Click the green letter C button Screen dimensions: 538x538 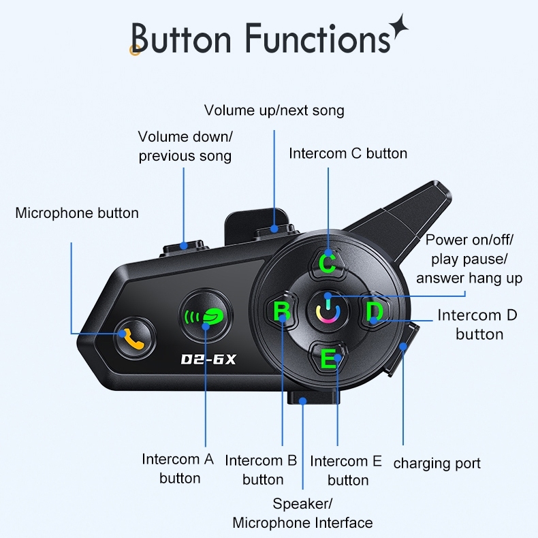coord(328,263)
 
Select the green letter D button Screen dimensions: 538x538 coord(374,313)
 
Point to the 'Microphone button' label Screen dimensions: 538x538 coord(77,213)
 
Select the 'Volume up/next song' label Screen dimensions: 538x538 coord(274,110)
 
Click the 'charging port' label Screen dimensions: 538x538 coord(437,463)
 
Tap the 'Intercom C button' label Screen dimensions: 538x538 coord(348,153)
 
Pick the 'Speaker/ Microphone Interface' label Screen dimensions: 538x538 coord(302,513)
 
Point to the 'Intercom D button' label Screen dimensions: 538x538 coord(477,324)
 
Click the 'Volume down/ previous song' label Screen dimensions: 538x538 coord(185,146)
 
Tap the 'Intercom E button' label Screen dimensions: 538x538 coord(347,471)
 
